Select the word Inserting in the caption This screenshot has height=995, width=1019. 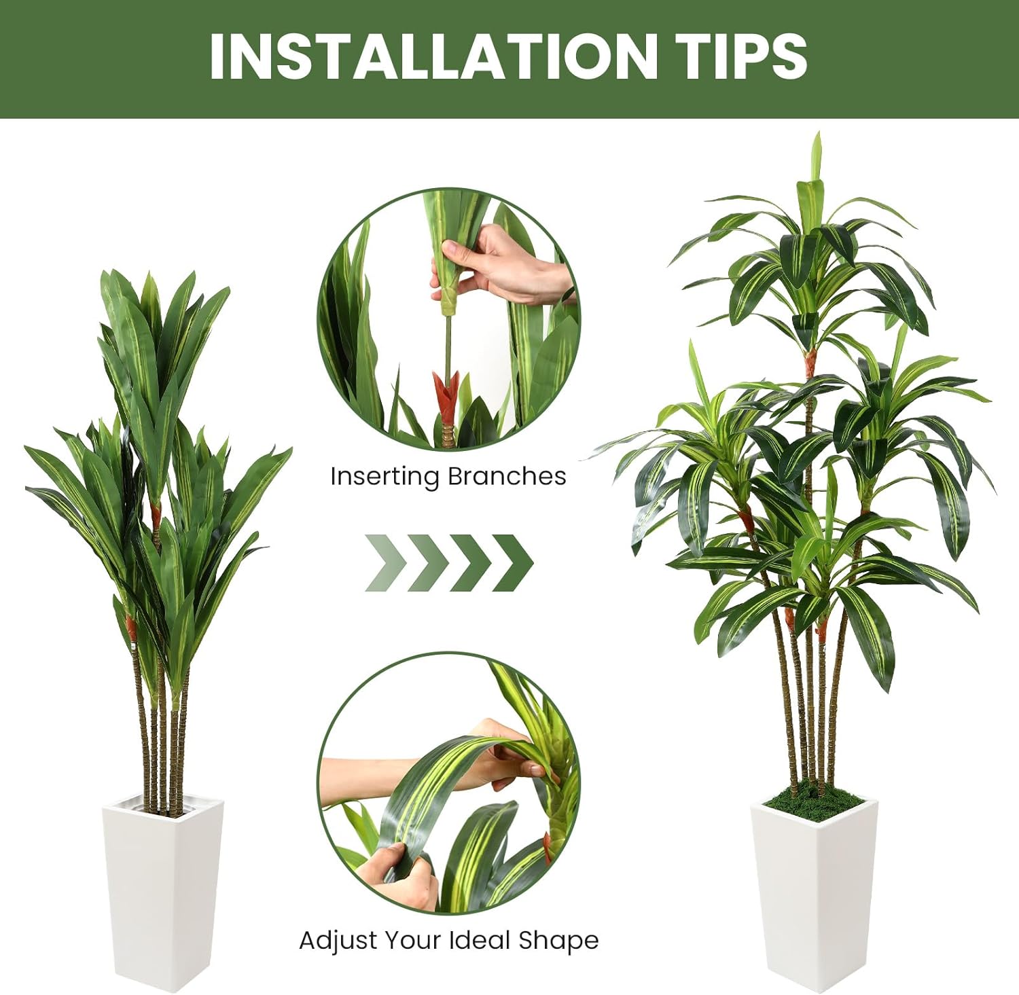[x=385, y=477]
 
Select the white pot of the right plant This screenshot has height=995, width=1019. [x=813, y=897]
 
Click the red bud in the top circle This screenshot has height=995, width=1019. [x=446, y=394]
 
